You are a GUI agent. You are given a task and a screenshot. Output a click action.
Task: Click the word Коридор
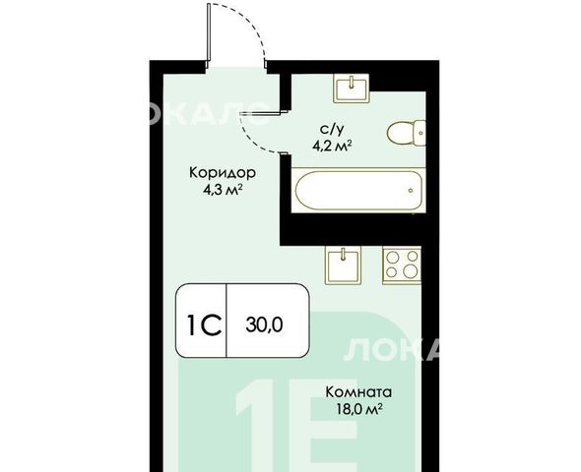coord(223,173)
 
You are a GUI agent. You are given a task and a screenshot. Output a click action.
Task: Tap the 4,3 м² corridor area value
coord(223,190)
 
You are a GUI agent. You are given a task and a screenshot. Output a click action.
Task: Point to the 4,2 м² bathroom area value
coord(332,146)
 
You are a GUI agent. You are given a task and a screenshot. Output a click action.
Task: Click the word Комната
coord(358,391)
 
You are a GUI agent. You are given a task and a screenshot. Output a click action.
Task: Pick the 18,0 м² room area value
coord(359,409)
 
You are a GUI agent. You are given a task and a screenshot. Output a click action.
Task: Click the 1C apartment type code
coord(205,324)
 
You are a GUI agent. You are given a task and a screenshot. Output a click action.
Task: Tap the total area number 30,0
coord(264,325)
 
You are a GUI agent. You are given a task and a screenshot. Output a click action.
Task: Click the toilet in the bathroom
coord(406,133)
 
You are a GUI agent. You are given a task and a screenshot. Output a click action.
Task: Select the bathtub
coord(358,191)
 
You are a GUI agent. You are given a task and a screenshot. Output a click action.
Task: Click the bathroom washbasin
coord(352,88)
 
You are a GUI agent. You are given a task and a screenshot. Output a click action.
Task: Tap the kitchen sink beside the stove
coord(343,265)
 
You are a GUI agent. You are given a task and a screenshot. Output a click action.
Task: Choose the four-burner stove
coord(402,265)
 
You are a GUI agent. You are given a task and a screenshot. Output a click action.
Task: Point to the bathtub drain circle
coord(411,191)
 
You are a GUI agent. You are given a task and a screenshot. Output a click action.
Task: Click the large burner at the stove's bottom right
coord(411,272)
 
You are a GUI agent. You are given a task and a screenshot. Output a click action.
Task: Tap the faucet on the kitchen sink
coord(344,254)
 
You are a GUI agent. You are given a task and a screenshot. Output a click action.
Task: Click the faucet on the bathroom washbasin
coord(352,82)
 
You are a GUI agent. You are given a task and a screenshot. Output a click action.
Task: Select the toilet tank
coord(420,133)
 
